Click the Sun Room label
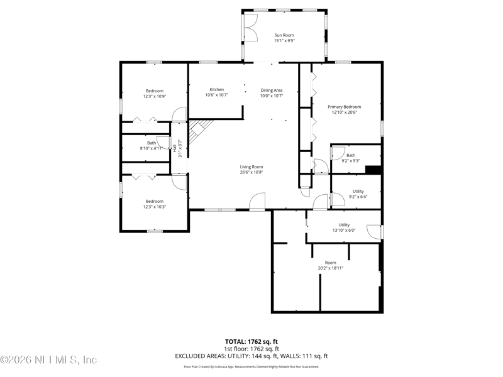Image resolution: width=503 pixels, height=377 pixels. pyautogui.click(x=284, y=35)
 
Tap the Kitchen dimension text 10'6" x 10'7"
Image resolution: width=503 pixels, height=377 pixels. pyautogui.click(x=217, y=95)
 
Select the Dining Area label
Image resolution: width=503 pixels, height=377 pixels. pyautogui.click(x=272, y=90)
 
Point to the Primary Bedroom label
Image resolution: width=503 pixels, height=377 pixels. pyautogui.click(x=344, y=107)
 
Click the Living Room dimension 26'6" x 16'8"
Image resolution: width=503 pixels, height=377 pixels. pyautogui.click(x=251, y=172)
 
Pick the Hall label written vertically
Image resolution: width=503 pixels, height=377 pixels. pyautogui.click(x=174, y=148)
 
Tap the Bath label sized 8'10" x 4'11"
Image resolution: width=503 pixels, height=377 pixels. pyautogui.click(x=152, y=143)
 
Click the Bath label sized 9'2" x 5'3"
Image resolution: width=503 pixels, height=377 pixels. pyautogui.click(x=351, y=155)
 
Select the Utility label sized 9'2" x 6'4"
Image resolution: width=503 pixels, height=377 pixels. pyautogui.click(x=358, y=192)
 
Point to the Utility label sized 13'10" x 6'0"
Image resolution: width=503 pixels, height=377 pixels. pyautogui.click(x=344, y=225)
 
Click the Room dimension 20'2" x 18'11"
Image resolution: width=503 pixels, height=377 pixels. pyautogui.click(x=331, y=268)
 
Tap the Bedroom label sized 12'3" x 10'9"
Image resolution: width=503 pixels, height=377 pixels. pyautogui.click(x=155, y=91)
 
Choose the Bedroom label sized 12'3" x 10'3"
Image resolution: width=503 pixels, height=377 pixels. pyautogui.click(x=155, y=201)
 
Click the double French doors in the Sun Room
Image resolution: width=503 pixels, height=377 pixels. pyautogui.click(x=250, y=28)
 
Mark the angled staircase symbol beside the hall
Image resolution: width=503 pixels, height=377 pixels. pyautogui.click(x=199, y=131)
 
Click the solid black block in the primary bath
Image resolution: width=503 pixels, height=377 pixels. pyautogui.click(x=373, y=170)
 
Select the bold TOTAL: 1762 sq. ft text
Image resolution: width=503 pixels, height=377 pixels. pyautogui.click(x=251, y=342)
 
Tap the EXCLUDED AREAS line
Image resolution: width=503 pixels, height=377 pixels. pyautogui.click(x=251, y=356)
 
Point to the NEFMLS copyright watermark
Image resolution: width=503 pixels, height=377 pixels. pyautogui.click(x=48, y=359)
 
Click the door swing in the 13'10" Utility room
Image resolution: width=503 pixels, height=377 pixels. pyautogui.click(x=374, y=232)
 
